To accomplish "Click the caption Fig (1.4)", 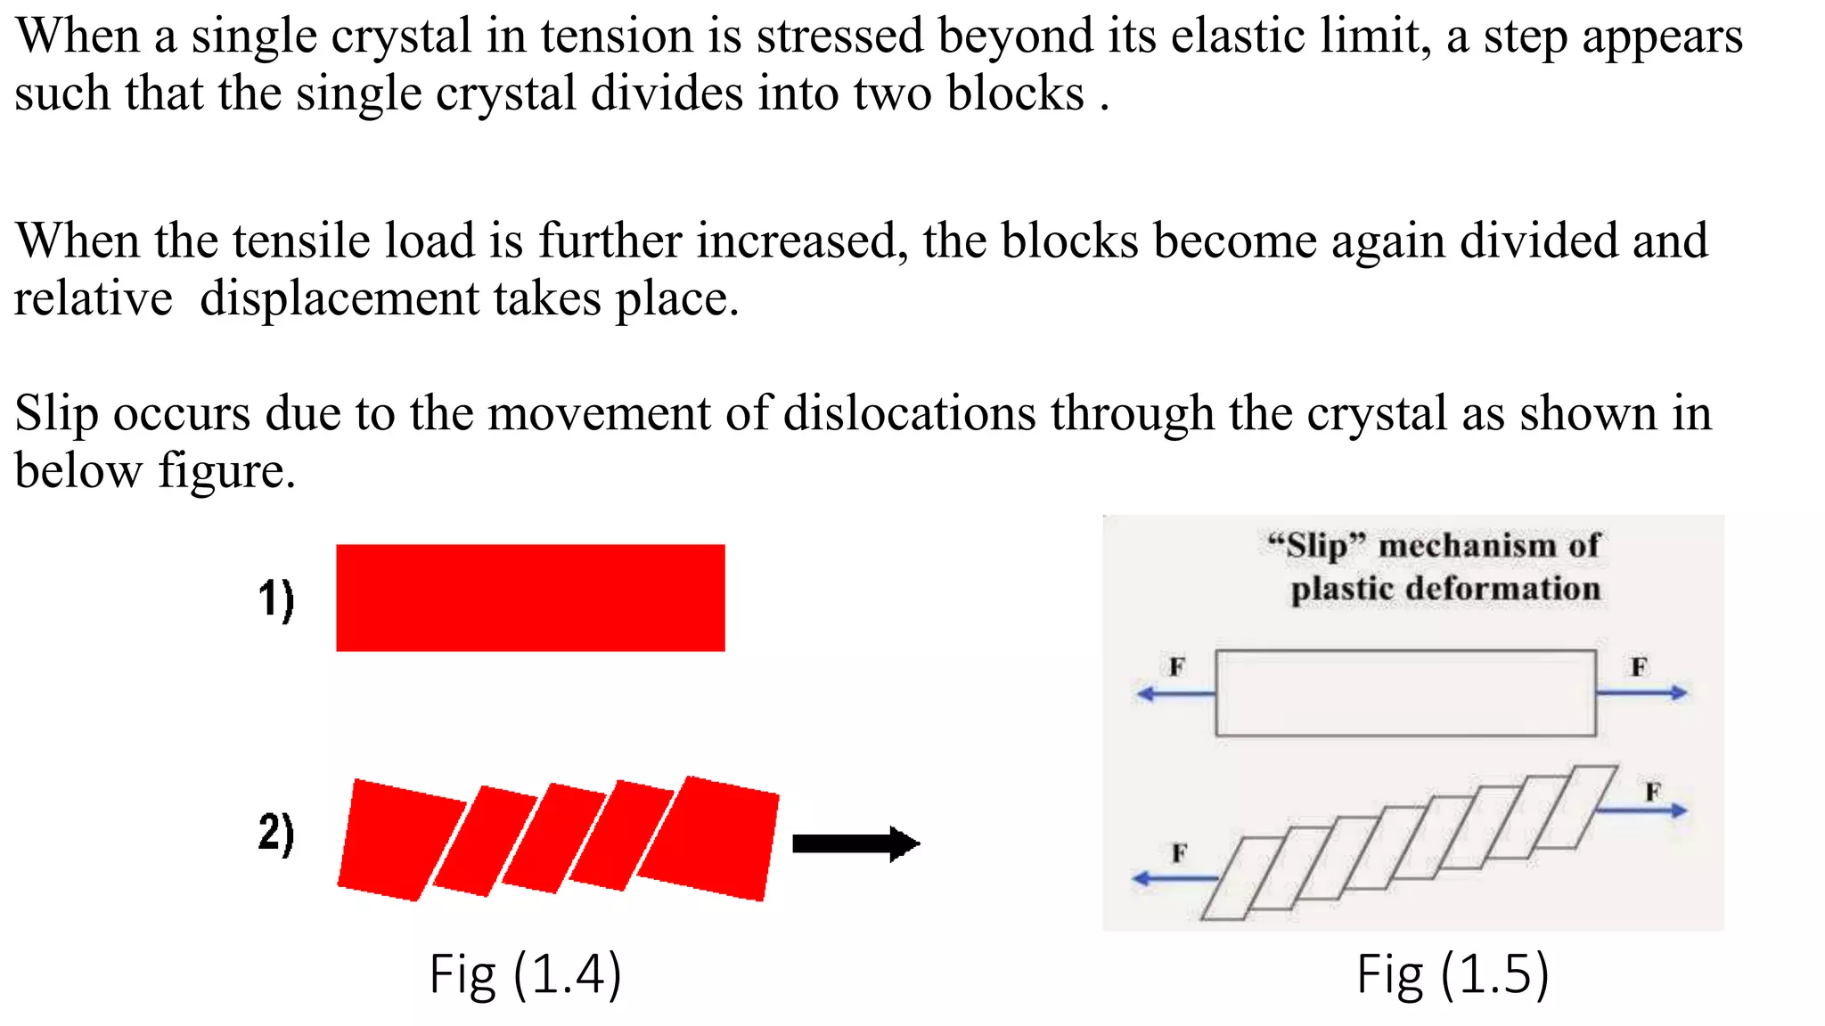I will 525,974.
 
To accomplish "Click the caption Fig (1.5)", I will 1453,974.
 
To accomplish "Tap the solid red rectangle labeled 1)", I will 530,598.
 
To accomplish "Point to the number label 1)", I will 276,599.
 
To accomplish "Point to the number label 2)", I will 276,834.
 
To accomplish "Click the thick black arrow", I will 855,843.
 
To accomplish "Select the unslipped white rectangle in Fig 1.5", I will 1405,693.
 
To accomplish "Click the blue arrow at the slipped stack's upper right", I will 1641,810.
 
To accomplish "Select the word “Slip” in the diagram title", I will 1317,545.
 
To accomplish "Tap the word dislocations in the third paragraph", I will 909,414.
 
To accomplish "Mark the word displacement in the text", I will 340,298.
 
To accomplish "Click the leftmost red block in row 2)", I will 401,840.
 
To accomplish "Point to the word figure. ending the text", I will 226,471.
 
